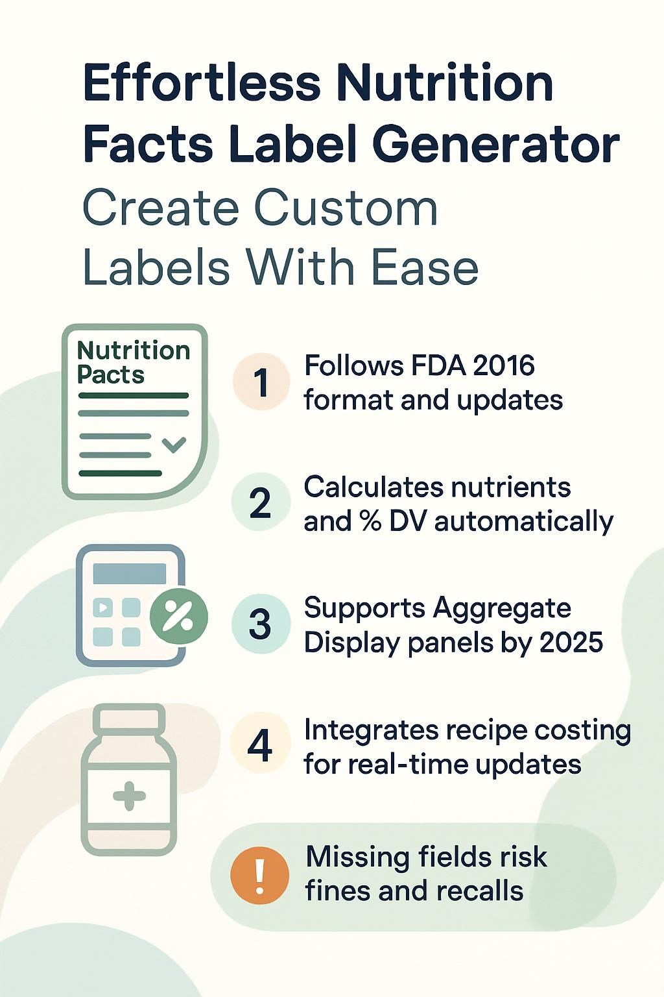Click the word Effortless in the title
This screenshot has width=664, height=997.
click(202, 83)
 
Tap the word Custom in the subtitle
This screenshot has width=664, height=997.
click(346, 208)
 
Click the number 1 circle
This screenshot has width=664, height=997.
click(261, 382)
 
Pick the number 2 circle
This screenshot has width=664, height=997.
click(261, 502)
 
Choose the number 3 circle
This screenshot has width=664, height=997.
click(261, 624)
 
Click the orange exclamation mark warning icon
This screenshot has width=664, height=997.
click(260, 875)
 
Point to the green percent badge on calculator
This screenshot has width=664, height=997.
click(179, 617)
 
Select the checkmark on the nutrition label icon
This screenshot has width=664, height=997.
click(174, 445)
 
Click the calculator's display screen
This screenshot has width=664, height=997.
click(130, 574)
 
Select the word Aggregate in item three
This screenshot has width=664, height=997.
click(502, 609)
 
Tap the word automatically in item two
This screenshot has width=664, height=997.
click(524, 521)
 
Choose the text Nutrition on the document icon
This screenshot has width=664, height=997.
click(134, 351)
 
